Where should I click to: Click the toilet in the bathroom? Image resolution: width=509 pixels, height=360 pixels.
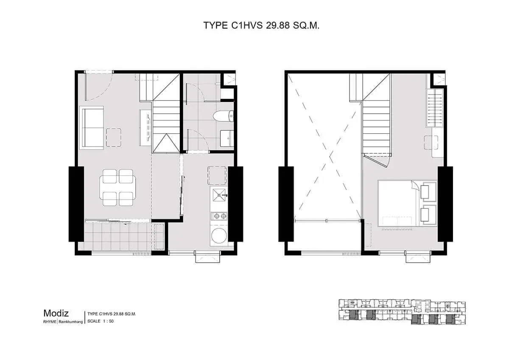tap(224, 116)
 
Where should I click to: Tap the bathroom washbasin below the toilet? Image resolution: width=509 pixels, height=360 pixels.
tap(227, 138)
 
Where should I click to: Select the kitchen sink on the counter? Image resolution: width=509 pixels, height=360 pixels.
tap(219, 195)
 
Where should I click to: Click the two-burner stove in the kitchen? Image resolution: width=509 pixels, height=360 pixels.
tap(219, 216)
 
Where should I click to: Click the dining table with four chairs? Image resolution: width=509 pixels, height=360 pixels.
tap(117, 188)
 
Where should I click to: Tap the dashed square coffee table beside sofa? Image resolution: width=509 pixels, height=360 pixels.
tap(113, 138)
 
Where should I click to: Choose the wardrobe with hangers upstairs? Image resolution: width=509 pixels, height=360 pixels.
tap(435, 108)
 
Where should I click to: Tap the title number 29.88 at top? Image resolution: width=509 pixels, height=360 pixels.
tap(278, 25)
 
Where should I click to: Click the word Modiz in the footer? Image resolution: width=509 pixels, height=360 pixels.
tap(56, 313)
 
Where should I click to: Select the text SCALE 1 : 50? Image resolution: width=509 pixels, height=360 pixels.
tap(100, 321)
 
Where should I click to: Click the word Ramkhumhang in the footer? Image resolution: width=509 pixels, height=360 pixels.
tap(71, 321)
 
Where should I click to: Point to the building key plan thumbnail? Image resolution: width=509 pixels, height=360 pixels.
tap(402, 312)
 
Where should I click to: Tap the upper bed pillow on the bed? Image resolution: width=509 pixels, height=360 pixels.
tap(425, 192)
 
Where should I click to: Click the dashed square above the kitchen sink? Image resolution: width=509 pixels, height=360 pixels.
tap(217, 176)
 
